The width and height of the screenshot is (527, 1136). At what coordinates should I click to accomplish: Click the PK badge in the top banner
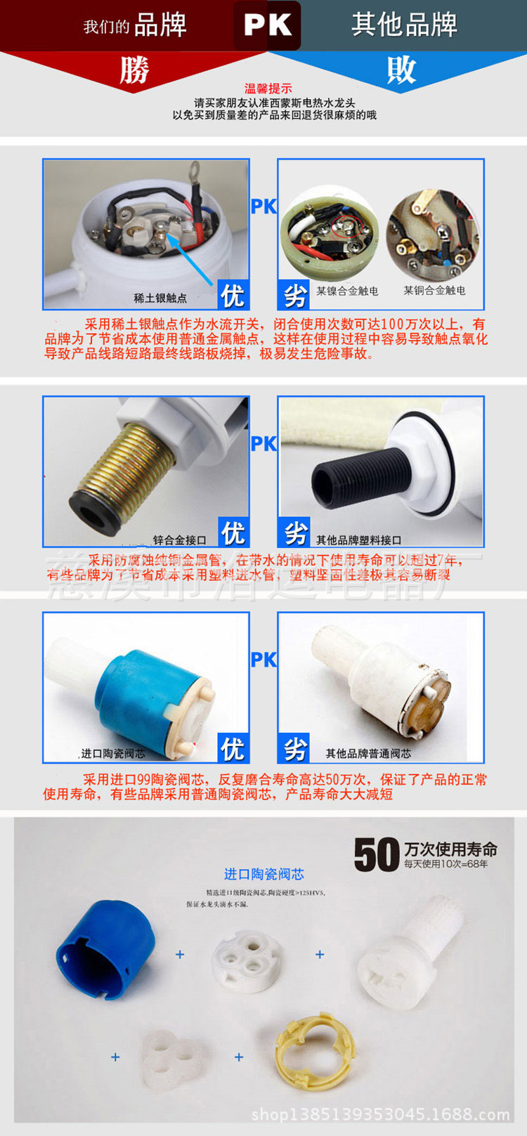[267, 26]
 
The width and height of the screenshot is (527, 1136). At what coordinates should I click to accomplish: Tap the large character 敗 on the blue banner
[401, 70]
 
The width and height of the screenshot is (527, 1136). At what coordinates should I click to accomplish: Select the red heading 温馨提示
[268, 89]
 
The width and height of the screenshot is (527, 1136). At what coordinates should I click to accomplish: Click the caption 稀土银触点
[160, 298]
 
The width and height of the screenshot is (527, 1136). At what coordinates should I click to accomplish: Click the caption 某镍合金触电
[347, 291]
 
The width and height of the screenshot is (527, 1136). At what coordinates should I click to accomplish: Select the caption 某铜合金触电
[434, 290]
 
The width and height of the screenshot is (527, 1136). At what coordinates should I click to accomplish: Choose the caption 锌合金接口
[180, 540]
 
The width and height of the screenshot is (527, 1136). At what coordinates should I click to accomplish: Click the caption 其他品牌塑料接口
[358, 540]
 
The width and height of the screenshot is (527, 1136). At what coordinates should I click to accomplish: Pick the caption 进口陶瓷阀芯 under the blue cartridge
[113, 754]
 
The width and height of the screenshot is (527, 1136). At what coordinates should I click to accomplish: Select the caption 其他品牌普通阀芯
[368, 754]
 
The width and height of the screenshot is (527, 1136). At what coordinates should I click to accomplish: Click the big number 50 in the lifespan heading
[377, 855]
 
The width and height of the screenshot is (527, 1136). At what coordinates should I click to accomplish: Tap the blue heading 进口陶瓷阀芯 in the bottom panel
[263, 874]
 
